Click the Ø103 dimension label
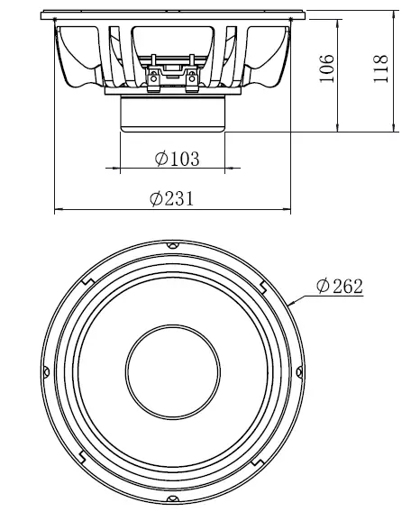pyautogui.click(x=177, y=159)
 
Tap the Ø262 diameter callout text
pyautogui.click(x=339, y=287)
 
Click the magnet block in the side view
pyautogui.click(x=171, y=114)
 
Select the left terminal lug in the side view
pyautogui.click(x=154, y=79)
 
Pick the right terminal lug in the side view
pyautogui.click(x=191, y=79)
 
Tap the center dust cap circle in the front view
pyautogui.click(x=171, y=370)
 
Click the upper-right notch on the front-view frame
pyautogui.click(x=261, y=287)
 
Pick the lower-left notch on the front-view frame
pyautogui.click(x=82, y=455)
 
